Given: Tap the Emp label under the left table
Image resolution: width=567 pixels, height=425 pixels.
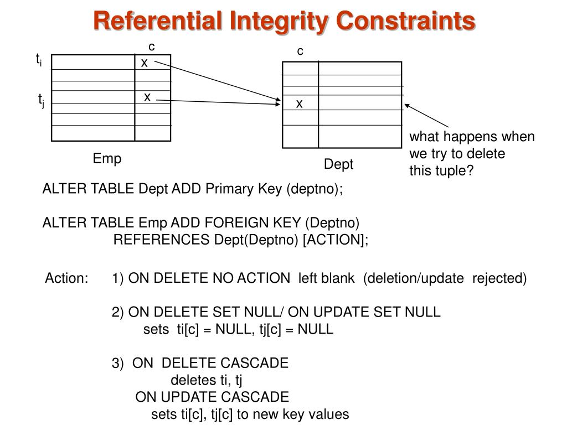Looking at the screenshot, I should click(107, 159).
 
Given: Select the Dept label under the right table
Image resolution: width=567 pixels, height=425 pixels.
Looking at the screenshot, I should click(338, 164).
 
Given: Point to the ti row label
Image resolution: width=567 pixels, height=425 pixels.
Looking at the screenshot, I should click(39, 59).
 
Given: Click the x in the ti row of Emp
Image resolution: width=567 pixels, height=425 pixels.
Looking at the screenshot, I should click(144, 63).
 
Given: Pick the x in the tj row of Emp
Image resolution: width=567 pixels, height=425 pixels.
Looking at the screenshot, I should click(147, 97).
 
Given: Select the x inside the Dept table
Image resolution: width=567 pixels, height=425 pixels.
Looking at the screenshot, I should click(299, 103).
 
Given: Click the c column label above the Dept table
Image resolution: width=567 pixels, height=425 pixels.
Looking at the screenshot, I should click(300, 51).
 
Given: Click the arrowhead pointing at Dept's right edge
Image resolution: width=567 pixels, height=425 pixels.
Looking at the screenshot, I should click(407, 105).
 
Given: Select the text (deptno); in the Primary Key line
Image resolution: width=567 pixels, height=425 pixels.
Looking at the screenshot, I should click(315, 189).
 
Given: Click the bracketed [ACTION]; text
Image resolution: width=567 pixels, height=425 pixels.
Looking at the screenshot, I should click(335, 240).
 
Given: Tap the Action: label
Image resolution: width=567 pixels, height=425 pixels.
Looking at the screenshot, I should click(66, 278).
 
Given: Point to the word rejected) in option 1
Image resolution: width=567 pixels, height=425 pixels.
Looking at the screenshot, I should click(499, 278).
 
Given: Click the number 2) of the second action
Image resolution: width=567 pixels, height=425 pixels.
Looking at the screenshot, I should click(118, 312).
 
